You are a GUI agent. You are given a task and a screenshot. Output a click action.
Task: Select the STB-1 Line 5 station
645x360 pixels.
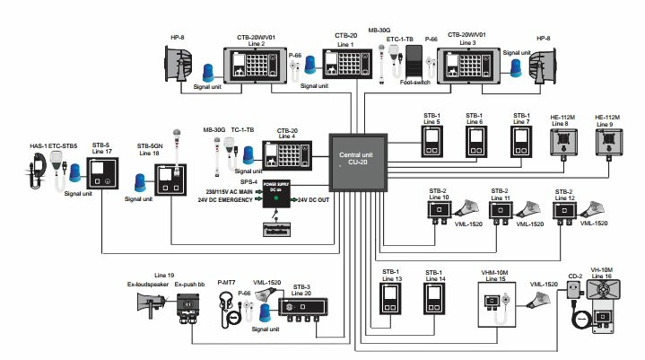click(x=432, y=141)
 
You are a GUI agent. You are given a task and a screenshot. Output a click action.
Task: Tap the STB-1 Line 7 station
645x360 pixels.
click(x=520, y=141)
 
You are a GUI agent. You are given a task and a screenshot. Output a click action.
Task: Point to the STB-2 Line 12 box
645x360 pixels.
click(x=565, y=213)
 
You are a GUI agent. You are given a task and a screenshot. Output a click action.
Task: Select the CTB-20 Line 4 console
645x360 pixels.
click(x=286, y=157)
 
